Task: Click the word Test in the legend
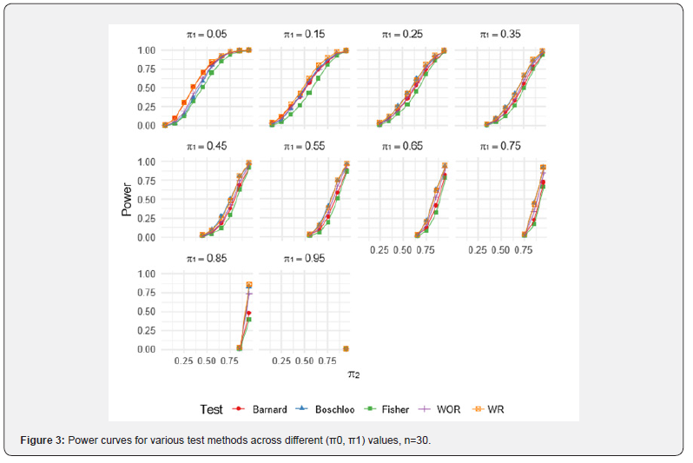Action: click(x=211, y=409)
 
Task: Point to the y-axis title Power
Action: click(x=128, y=199)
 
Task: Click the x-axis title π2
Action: click(x=353, y=374)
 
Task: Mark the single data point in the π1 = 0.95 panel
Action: click(x=346, y=349)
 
